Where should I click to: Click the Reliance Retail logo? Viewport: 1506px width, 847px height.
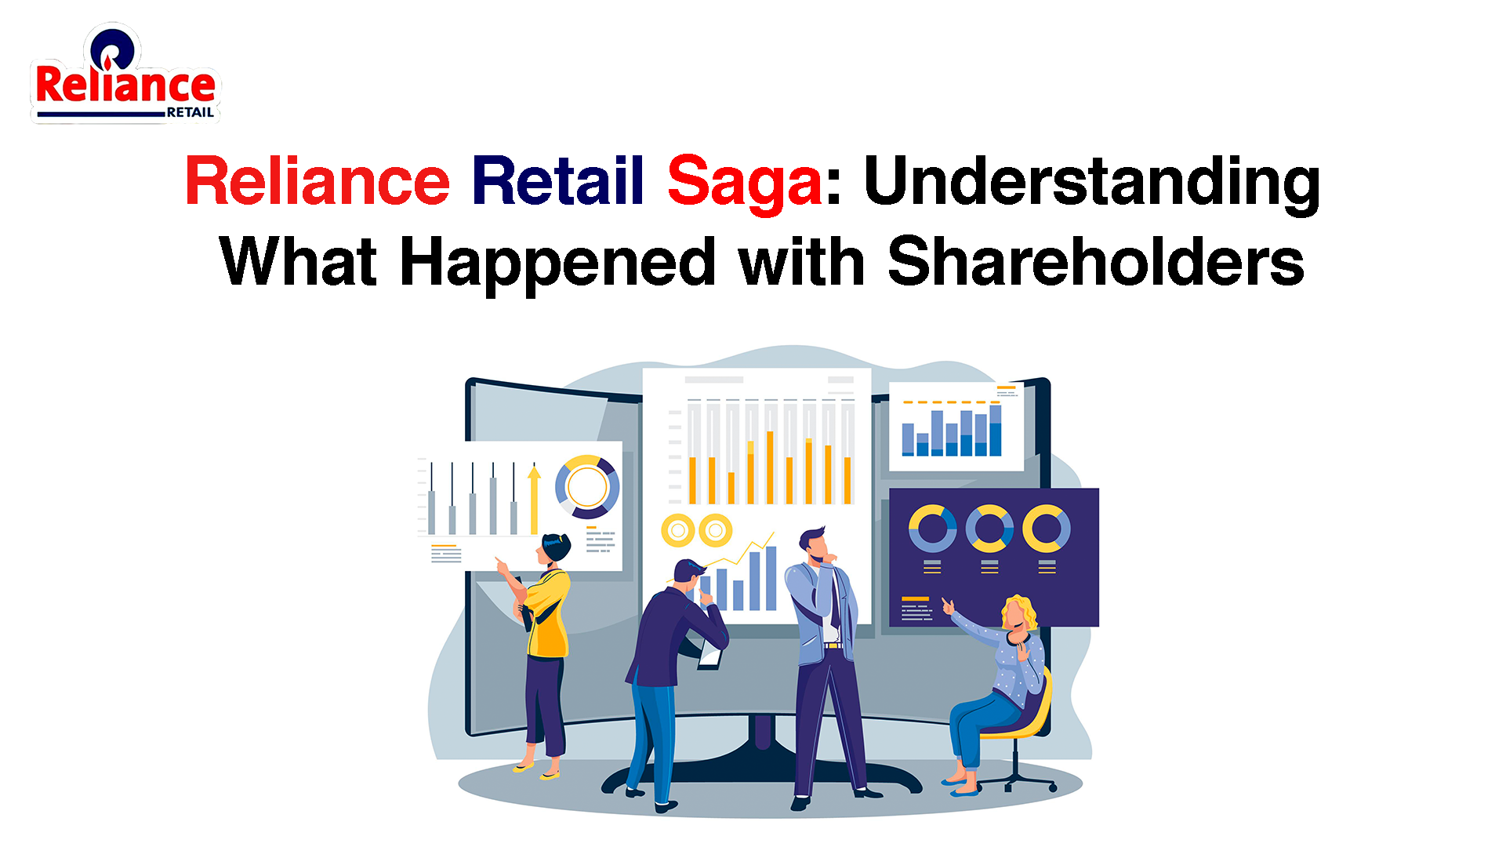click(125, 75)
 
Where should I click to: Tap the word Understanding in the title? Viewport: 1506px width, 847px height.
click(1092, 184)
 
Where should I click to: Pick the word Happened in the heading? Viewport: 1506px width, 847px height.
click(557, 264)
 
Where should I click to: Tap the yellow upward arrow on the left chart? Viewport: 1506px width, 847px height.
click(534, 500)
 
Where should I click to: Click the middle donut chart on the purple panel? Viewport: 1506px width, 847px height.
click(989, 529)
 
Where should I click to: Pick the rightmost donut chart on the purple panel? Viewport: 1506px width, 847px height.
click(1047, 529)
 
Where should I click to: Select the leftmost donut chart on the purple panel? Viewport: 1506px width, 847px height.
click(932, 529)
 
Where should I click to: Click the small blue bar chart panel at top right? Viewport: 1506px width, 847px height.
click(956, 427)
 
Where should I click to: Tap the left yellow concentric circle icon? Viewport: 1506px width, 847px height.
click(678, 531)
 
